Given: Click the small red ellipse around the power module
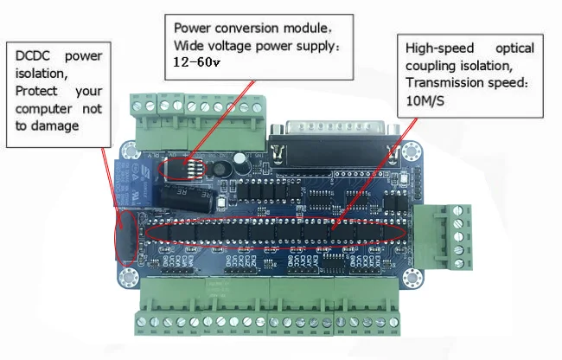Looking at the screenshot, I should point(187,164).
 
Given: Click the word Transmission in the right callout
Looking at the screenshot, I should point(443,84).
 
